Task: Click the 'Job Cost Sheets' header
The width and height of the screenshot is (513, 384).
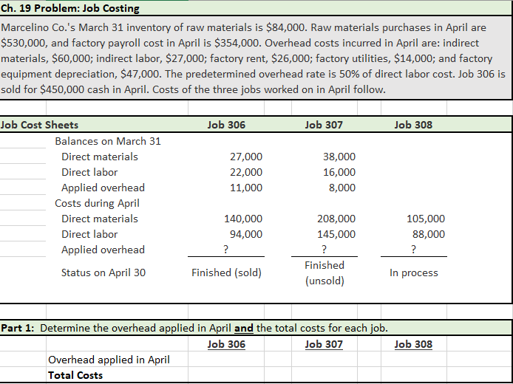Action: (x=40, y=125)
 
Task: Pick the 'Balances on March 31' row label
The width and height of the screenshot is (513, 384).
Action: (x=108, y=141)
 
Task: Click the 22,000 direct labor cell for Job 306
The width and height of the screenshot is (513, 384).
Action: (x=246, y=172)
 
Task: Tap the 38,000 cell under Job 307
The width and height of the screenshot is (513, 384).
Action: (x=339, y=157)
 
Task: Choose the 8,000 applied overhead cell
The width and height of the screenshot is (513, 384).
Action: (x=342, y=188)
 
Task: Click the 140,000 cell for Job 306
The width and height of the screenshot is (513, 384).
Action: (x=243, y=219)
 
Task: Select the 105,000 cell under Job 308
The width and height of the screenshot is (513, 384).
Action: (x=426, y=219)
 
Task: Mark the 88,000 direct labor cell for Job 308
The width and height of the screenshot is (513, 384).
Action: (x=429, y=234)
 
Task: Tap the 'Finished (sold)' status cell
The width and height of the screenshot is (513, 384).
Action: (x=226, y=272)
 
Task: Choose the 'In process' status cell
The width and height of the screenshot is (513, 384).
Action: (x=414, y=272)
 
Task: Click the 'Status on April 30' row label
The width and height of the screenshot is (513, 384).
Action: (x=103, y=272)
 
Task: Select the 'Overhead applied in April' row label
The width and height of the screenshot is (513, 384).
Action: (x=109, y=360)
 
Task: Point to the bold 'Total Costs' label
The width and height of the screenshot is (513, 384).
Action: (x=75, y=375)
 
